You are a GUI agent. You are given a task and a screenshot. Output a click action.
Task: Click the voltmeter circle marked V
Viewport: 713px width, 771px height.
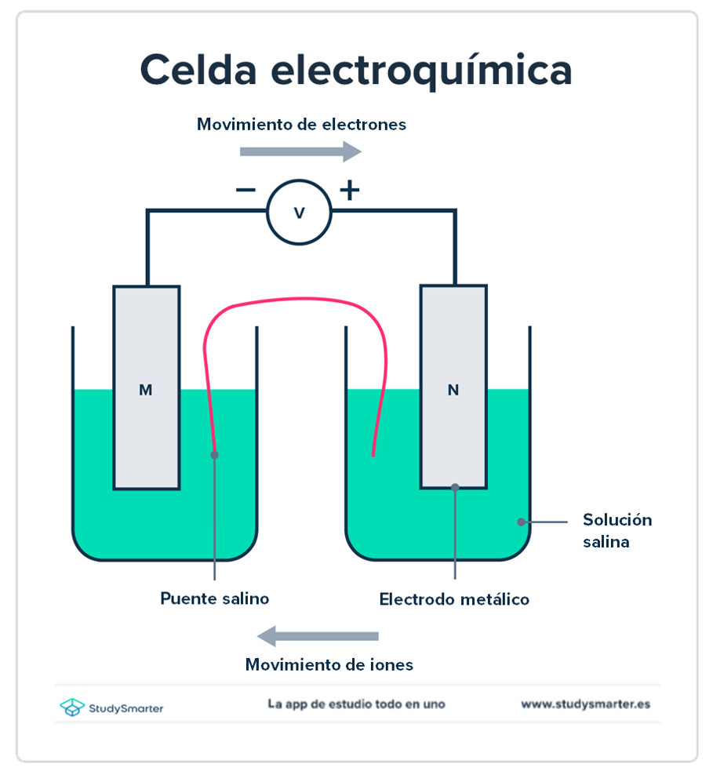click(x=299, y=212)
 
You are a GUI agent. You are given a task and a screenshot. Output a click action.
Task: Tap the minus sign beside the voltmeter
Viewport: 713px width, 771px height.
click(x=246, y=190)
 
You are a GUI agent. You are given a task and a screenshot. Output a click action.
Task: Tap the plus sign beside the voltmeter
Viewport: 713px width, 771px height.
click(x=349, y=190)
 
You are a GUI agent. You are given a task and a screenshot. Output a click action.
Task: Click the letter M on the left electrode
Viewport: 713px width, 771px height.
click(x=145, y=390)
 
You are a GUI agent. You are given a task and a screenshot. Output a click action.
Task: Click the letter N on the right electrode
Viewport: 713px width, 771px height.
click(x=453, y=390)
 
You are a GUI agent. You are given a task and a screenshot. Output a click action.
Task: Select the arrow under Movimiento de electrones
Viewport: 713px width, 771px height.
click(x=300, y=152)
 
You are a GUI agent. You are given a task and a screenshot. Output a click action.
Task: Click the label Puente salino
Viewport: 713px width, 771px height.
click(x=214, y=598)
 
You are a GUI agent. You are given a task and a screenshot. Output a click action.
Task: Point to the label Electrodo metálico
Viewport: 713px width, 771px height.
click(x=454, y=599)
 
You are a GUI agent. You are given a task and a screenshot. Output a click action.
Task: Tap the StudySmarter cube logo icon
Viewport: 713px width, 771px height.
click(x=72, y=707)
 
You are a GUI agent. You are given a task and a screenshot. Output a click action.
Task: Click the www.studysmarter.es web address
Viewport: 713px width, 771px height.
click(x=585, y=704)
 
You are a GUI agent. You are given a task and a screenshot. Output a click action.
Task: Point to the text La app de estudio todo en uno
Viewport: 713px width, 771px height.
click(x=356, y=704)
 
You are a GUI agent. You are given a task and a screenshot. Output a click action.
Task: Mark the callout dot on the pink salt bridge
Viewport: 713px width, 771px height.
click(x=214, y=454)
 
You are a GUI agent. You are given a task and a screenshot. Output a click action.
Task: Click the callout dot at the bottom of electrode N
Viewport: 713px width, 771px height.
click(x=454, y=487)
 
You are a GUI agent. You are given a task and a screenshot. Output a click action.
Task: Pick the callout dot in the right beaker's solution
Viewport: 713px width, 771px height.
click(x=521, y=521)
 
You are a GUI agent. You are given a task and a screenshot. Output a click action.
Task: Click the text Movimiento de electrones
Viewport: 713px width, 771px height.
click(x=301, y=124)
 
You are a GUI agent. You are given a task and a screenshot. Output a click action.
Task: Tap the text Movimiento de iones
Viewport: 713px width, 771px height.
click(x=329, y=665)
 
